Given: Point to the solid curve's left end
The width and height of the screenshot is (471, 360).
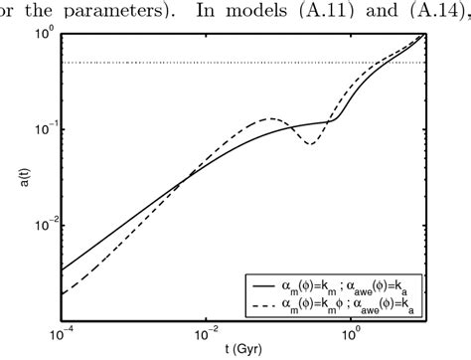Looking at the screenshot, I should (x=62, y=270).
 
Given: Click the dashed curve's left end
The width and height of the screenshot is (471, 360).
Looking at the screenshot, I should (x=62, y=293).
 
